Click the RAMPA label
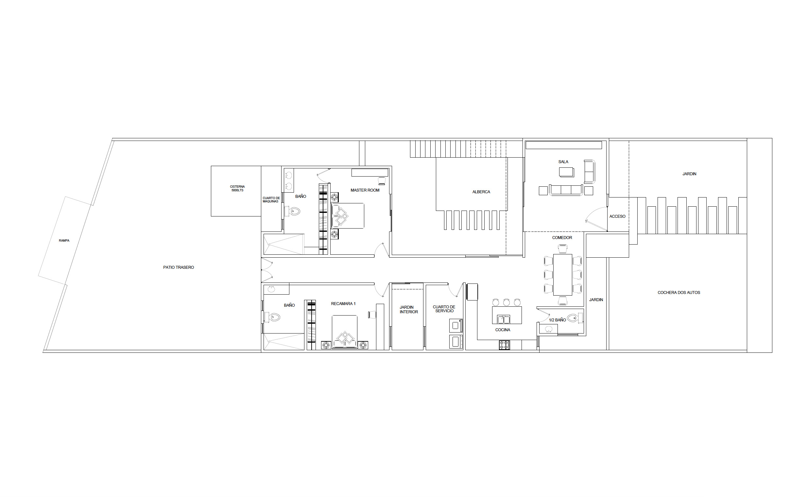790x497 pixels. [64, 240]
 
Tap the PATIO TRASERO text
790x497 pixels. [179, 267]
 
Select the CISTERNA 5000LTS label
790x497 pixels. [237, 188]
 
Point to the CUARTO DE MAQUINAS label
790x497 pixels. [271, 200]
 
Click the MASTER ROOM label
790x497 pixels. [365, 190]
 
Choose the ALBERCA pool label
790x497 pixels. [481, 192]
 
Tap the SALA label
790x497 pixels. [563, 162]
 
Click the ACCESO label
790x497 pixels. [617, 216]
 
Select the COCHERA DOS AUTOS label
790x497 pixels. [679, 293]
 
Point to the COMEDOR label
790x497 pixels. [562, 238]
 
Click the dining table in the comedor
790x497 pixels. [563, 275]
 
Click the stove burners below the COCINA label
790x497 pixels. [504, 345]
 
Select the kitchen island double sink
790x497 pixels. [504, 319]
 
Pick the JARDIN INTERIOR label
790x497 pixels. [408, 310]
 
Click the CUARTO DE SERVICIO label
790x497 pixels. [444, 309]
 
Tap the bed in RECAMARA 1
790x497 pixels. [344, 332]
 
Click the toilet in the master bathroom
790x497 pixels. [293, 212]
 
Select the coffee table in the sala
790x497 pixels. [567, 172]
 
